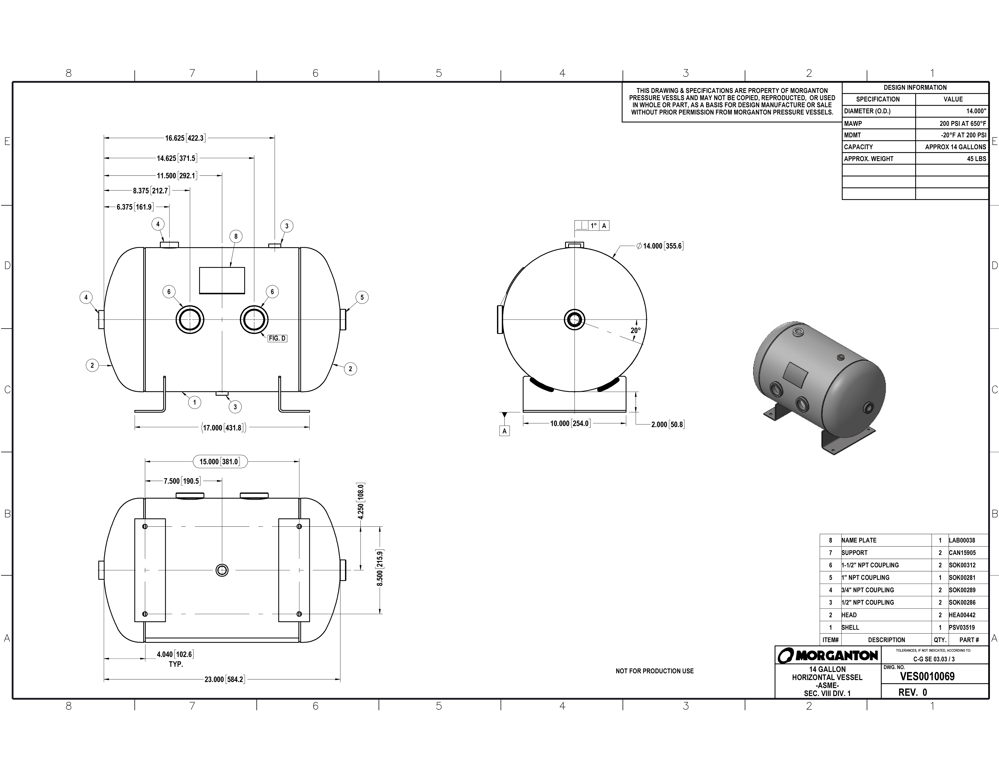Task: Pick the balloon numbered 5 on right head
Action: [362, 297]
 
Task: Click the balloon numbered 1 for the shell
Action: [194, 403]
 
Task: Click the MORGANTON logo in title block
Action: [828, 655]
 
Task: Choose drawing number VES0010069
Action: [927, 676]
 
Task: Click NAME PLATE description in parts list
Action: [859, 540]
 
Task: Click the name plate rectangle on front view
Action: [222, 280]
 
